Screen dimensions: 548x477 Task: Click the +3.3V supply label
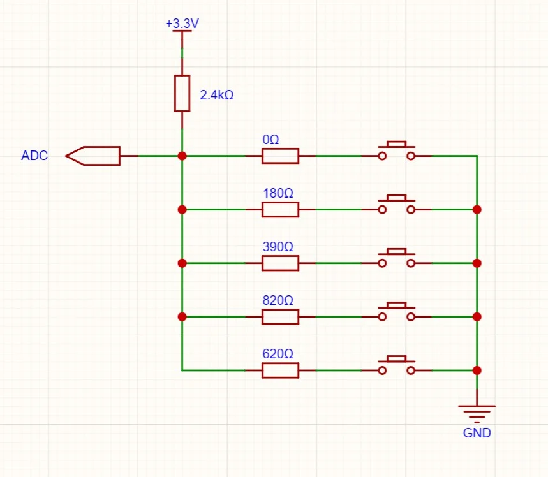click(182, 24)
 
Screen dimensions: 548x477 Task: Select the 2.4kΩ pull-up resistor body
click(182, 93)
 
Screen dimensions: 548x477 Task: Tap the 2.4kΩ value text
click(217, 95)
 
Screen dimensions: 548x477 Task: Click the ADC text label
click(34, 156)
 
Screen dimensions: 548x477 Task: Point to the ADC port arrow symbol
click(93, 156)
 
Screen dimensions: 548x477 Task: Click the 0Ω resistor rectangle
click(280, 156)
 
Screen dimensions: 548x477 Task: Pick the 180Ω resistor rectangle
click(280, 210)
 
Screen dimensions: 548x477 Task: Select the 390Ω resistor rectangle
click(280, 263)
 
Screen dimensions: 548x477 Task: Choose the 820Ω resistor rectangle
click(280, 317)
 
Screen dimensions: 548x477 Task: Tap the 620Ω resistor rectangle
click(280, 371)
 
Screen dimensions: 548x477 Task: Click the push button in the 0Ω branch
click(397, 151)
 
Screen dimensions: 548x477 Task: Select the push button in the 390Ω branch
click(397, 258)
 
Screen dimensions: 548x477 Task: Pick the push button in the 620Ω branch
click(397, 365)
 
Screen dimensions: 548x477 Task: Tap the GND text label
click(477, 433)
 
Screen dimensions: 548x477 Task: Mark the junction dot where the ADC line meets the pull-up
click(182, 156)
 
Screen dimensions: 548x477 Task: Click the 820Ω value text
click(278, 300)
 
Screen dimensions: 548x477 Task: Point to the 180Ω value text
click(278, 193)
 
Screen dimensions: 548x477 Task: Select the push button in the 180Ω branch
click(397, 205)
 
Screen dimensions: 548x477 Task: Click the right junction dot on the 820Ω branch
click(477, 317)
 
